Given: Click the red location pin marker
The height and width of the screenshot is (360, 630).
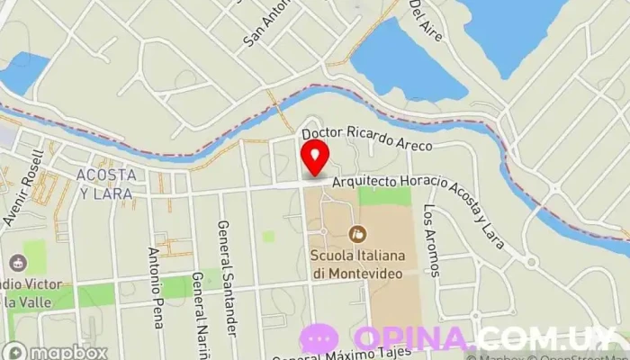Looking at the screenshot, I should coord(314,157).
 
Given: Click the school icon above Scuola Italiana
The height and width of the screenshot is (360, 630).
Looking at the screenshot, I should coord(357,234).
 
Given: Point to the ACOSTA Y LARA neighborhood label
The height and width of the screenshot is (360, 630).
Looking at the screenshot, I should coord(106,183).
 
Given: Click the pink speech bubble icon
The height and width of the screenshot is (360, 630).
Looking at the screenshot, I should coord(319,339).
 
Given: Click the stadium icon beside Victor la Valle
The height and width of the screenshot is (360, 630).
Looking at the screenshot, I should coord(16,264).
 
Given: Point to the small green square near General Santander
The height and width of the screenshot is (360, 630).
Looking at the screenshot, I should coord(268,237).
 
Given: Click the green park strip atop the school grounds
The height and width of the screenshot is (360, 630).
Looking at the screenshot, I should coord(384,196).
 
